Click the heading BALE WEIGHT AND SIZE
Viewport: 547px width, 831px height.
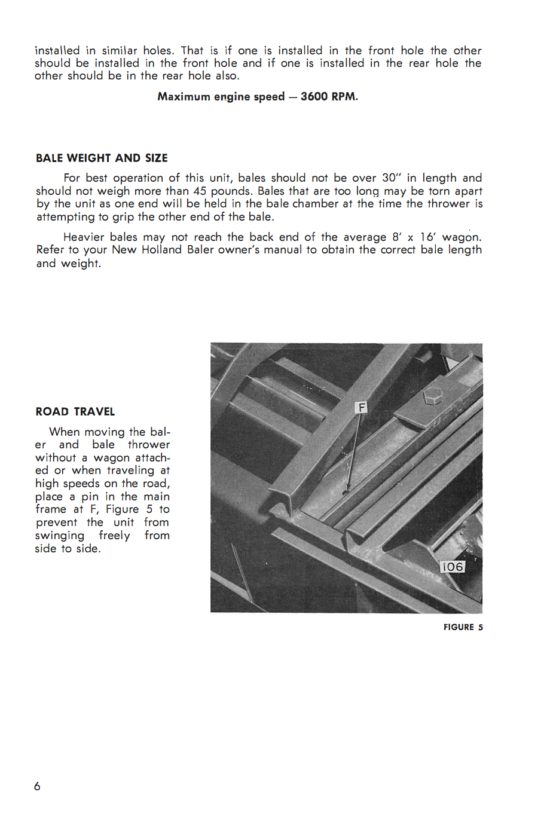pyautogui.click(x=102, y=158)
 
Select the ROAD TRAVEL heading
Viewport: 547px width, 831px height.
pyautogui.click(x=75, y=411)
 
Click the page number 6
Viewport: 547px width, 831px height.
pyautogui.click(x=37, y=786)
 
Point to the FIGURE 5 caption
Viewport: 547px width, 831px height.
pyautogui.click(x=463, y=627)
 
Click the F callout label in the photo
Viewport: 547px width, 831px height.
pyautogui.click(x=362, y=408)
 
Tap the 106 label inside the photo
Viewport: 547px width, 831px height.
pyautogui.click(x=452, y=567)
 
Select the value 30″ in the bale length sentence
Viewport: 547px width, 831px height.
pyautogui.click(x=392, y=178)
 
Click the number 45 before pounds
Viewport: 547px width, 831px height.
pyautogui.click(x=200, y=191)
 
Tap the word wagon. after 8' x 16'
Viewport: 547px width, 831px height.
pyautogui.click(x=462, y=237)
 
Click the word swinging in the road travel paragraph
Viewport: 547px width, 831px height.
pyautogui.click(x=60, y=536)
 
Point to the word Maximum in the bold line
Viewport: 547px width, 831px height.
pyautogui.click(x=184, y=96)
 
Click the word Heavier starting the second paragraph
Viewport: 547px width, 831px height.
pyautogui.click(x=84, y=237)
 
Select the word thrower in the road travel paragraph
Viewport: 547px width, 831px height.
pyautogui.click(x=149, y=444)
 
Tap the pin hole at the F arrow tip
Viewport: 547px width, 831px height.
pyautogui.click(x=345, y=493)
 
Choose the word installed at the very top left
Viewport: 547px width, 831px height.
pyautogui.click(x=57, y=50)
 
